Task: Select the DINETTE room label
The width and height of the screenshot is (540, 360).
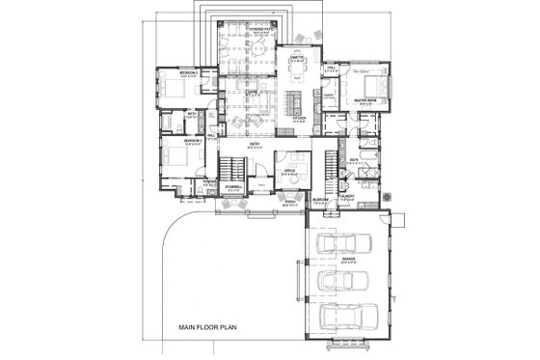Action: pyautogui.click(x=297, y=58)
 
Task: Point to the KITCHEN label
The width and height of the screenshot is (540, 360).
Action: pyautogui.click(x=300, y=120)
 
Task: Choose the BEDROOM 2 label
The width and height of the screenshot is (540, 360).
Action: pyautogui.click(x=190, y=72)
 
